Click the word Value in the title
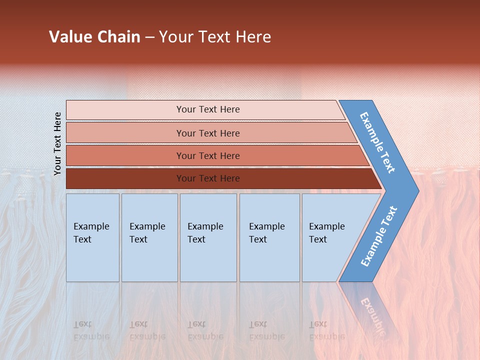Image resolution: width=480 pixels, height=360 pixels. pos(70,36)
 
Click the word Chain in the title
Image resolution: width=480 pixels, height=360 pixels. pos(118,36)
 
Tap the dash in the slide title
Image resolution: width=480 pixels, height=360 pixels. pos(149,37)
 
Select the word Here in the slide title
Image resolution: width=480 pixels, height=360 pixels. pos(253,36)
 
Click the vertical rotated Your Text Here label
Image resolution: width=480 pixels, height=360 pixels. pos(57,143)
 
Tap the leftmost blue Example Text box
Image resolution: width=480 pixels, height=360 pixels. pos(92,237)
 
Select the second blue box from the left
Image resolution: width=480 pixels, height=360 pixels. pos(149,237)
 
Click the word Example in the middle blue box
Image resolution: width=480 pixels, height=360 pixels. pos(205,226)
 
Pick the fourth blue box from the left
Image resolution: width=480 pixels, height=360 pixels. pos(269,237)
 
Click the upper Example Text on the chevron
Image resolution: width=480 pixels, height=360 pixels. pos(377,142)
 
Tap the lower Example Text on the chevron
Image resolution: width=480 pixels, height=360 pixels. pos(378,236)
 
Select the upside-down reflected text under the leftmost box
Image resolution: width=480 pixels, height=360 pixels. pos(91,330)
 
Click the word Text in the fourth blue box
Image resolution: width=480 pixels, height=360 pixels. pos(258,239)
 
